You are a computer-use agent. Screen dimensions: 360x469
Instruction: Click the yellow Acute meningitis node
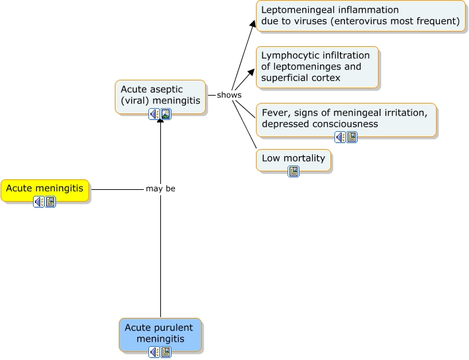click(45, 189)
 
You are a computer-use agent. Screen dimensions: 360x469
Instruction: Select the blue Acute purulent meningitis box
click(161, 333)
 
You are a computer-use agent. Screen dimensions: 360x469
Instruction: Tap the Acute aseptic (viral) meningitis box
click(160, 94)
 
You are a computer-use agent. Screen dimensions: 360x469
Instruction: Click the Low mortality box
click(294, 158)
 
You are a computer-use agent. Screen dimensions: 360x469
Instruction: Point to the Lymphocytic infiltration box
click(317, 67)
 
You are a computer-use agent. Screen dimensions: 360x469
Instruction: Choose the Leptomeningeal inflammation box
click(360, 16)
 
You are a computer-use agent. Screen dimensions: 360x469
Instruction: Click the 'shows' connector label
click(229, 95)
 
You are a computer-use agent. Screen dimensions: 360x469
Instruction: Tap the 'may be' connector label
click(160, 189)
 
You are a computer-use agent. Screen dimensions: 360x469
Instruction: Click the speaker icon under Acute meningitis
click(39, 202)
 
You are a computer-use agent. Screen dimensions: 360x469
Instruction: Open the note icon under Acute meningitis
click(51, 202)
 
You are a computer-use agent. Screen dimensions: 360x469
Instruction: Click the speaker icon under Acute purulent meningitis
click(154, 352)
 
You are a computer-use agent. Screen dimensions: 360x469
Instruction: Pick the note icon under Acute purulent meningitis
click(166, 352)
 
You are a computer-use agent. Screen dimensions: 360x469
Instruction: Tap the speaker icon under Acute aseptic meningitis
click(154, 114)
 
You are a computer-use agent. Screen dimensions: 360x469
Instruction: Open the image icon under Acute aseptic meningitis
click(166, 114)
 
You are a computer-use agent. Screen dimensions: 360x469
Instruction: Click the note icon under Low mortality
click(294, 171)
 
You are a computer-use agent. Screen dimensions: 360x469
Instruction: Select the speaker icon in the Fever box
click(340, 137)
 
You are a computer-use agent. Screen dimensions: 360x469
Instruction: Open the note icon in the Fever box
click(352, 137)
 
